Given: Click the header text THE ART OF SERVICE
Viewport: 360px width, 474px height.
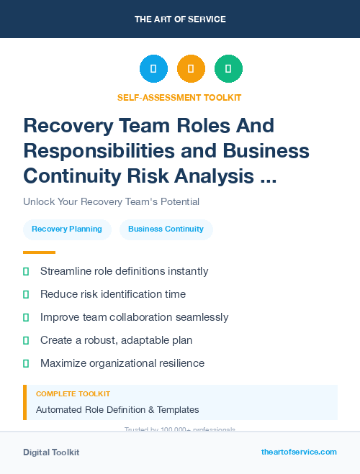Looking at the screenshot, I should (180, 19).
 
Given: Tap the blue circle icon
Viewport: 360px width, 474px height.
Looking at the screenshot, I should (153, 69).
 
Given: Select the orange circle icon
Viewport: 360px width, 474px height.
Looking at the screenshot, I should (191, 69).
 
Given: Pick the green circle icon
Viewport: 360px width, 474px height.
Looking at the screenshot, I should (228, 69).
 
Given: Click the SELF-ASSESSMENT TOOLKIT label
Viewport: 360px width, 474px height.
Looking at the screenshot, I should (179, 97).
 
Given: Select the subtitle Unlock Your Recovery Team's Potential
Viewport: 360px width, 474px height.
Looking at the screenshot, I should (111, 202).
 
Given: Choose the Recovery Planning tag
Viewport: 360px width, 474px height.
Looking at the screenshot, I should (67, 229).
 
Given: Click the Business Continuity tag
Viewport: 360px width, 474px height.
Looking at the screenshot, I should (166, 229).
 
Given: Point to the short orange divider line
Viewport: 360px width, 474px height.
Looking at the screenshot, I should (39, 252).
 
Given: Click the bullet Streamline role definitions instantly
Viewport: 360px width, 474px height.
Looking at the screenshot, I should (124, 271).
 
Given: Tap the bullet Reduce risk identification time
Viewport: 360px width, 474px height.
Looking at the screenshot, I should (112, 294).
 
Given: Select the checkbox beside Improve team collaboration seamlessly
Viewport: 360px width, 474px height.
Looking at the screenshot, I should (26, 317).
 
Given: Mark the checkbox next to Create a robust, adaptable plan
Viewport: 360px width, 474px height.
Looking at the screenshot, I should (26, 340).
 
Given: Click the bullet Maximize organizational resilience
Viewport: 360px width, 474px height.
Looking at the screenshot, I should (122, 363).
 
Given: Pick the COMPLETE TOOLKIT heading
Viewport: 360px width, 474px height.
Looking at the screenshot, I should (73, 394).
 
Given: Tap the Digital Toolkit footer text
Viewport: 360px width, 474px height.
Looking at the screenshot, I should (51, 452).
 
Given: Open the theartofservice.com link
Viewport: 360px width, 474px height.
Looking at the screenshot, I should (299, 452).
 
